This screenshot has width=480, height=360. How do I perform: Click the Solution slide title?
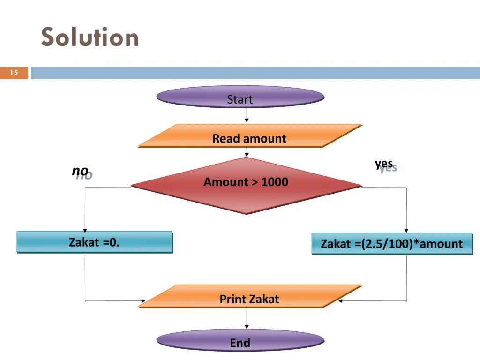(x=90, y=37)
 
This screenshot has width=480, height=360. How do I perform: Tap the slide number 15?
(x=14, y=73)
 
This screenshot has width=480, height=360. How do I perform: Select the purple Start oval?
(x=240, y=97)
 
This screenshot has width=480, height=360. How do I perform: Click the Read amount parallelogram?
(x=249, y=136)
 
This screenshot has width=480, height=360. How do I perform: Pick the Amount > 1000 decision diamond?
(x=246, y=185)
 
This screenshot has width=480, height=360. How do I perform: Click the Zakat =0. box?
(x=95, y=242)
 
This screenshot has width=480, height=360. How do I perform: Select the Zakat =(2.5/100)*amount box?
(x=392, y=244)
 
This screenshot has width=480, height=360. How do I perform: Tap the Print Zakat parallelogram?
(x=249, y=297)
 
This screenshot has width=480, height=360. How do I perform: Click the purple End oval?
(x=240, y=341)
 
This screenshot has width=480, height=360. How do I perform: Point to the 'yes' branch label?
(x=384, y=164)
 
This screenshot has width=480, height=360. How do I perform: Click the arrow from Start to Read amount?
(x=247, y=114)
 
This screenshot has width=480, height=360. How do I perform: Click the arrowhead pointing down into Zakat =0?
(x=85, y=229)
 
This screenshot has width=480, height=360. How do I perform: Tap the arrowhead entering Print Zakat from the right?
(x=341, y=301)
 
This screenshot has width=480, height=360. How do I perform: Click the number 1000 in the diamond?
(x=275, y=182)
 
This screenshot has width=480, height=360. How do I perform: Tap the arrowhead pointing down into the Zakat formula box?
(x=406, y=230)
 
